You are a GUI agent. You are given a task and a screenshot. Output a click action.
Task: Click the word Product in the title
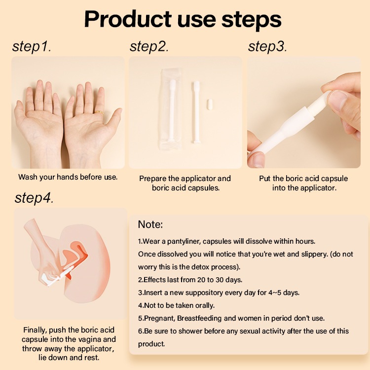click(x=128, y=19)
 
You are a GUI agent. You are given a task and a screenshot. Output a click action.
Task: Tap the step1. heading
click(x=32, y=46)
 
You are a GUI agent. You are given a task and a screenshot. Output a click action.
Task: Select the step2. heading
click(x=149, y=46)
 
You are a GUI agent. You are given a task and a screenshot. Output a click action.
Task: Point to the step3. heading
click(x=267, y=46)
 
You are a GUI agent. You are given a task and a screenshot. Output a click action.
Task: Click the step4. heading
click(x=34, y=198)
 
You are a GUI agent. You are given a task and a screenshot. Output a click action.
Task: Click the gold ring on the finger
click(x=99, y=112)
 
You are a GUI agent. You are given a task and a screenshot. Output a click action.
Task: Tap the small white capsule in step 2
click(x=210, y=105)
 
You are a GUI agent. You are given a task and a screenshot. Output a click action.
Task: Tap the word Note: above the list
click(x=150, y=224)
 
